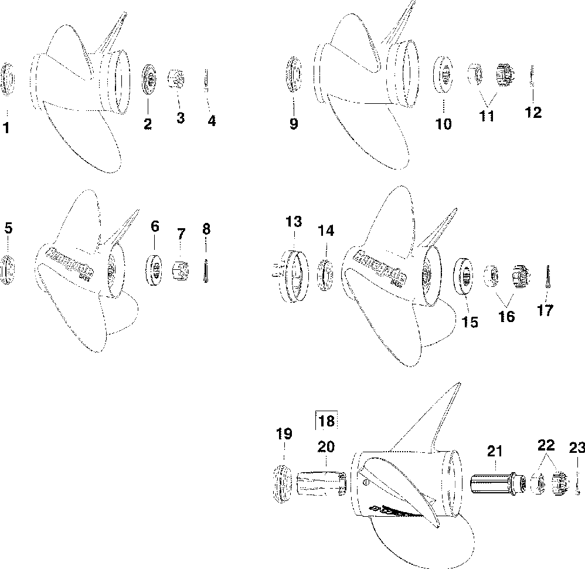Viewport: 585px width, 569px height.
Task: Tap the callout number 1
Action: coord(6,127)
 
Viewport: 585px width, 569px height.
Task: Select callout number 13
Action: coord(294,222)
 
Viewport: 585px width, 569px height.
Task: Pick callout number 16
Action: coord(506,316)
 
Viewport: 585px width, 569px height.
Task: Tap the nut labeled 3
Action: coord(176,79)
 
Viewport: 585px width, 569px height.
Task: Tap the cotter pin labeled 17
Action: coord(547,275)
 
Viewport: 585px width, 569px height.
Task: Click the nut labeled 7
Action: coord(181,272)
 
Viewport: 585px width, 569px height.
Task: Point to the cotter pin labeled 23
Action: coord(577,483)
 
